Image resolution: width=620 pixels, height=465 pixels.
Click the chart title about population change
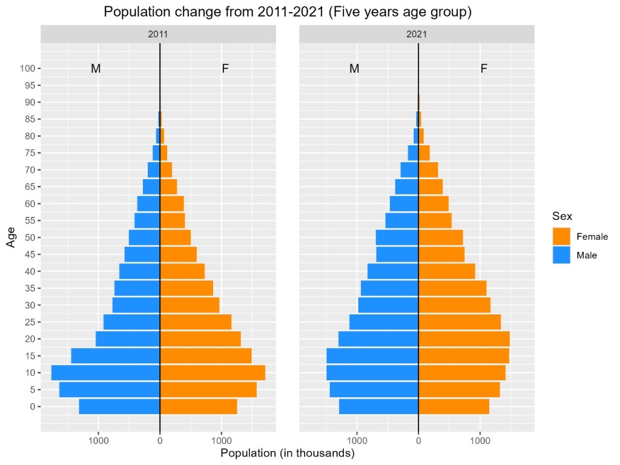click(288, 12)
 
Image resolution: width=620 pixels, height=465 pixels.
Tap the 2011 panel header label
click(158, 35)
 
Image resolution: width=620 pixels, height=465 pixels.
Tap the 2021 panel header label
click(417, 35)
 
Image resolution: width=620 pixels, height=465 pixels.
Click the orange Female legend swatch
click(561, 237)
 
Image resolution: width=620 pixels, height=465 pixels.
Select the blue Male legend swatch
click(561, 255)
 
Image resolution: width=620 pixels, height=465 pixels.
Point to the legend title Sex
click(562, 216)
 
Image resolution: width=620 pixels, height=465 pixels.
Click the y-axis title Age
click(11, 237)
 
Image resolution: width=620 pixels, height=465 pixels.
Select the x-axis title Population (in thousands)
click(288, 453)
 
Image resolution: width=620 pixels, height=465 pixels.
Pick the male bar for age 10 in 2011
click(105, 372)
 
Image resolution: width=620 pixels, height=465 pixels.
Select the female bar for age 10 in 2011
click(213, 372)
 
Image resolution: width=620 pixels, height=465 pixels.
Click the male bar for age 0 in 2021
click(378, 406)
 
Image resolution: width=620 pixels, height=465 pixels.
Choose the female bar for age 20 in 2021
click(464, 338)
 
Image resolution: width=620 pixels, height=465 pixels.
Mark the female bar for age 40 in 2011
click(182, 271)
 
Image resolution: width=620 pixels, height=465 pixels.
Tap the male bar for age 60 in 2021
click(404, 203)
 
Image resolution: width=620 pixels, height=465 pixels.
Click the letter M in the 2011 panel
click(96, 69)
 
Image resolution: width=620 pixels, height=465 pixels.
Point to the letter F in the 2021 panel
click(483, 69)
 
